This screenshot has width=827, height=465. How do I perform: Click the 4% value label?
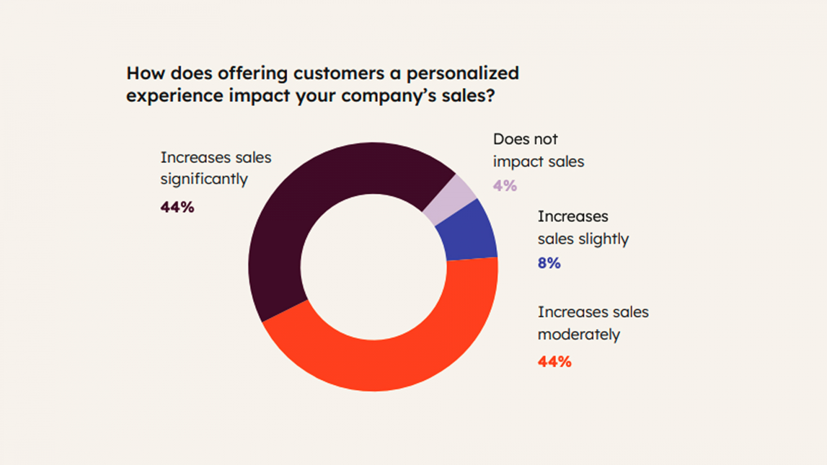pyautogui.click(x=505, y=185)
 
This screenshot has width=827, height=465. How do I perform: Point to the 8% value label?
pyautogui.click(x=549, y=263)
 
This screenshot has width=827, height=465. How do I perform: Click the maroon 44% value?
pyautogui.click(x=177, y=207)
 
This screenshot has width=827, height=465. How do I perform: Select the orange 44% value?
pyautogui.click(x=555, y=361)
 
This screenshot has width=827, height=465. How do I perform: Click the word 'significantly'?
pyautogui.click(x=204, y=179)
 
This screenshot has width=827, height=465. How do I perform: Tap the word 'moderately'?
pyautogui.click(x=579, y=335)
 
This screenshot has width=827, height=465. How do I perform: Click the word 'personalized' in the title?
pyautogui.click(x=463, y=73)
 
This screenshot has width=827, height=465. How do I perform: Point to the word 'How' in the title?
pyautogui.click(x=146, y=73)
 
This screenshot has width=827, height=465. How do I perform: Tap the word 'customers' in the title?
pyautogui.click(x=339, y=73)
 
